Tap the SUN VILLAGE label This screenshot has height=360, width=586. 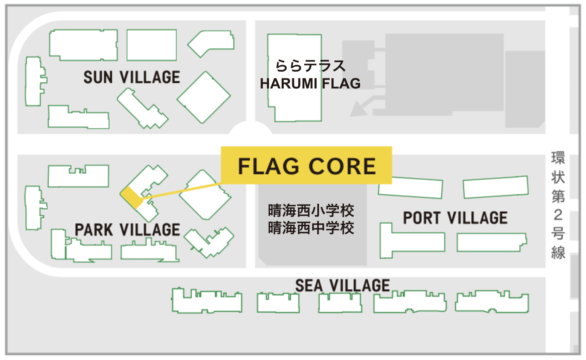coord(131,77)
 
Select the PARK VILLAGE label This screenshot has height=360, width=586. coord(127,230)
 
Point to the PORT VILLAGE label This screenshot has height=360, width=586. coord(455,218)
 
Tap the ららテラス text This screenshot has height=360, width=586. coord(310,66)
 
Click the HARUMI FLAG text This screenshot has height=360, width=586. coord(310,84)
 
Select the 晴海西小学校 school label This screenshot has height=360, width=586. coord(311,211)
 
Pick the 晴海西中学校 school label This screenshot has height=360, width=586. coord(311,228)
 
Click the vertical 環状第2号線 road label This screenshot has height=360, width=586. coord(558,205)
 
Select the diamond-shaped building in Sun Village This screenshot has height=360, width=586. coord(204,98)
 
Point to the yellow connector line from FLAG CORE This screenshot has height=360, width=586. coord(181,190)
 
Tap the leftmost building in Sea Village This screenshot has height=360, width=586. coord(207,301)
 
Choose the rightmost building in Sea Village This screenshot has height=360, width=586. coord(491,302)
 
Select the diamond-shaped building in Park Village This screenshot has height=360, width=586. coord(205,195)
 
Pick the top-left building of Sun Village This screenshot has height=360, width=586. coord(83,45)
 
